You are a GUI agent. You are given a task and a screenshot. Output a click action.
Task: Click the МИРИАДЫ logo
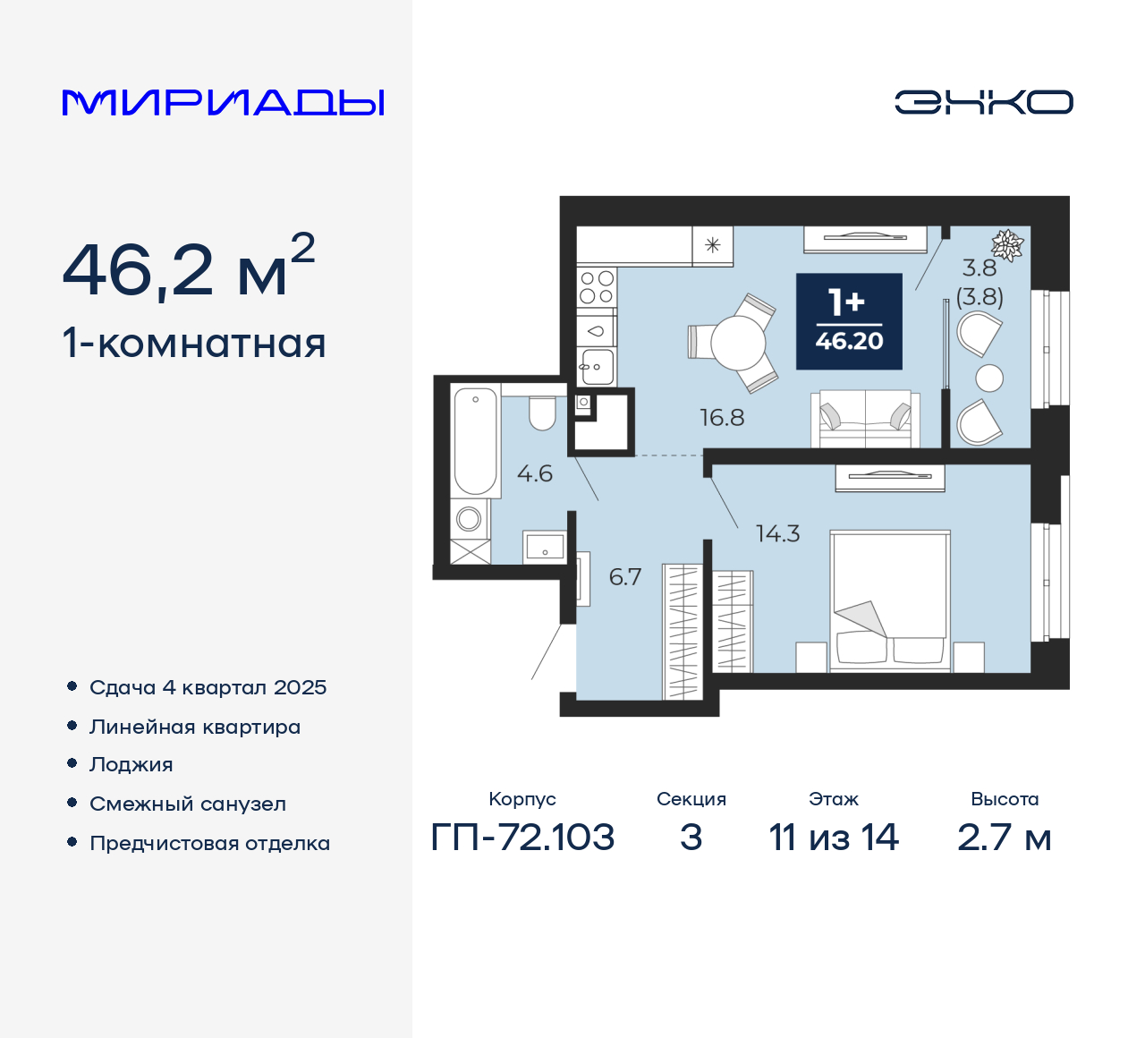pyautogui.click(x=224, y=102)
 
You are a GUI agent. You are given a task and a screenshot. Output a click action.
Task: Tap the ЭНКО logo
pyautogui.click(x=983, y=102)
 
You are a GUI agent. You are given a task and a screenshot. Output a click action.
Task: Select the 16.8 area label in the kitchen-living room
pyautogui.click(x=722, y=417)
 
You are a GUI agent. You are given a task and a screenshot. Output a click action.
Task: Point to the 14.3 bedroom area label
pyautogui.click(x=777, y=534)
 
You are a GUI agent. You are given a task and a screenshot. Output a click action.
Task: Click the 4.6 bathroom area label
pyautogui.click(x=535, y=473)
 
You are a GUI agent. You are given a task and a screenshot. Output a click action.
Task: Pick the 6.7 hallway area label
pyautogui.click(x=625, y=577)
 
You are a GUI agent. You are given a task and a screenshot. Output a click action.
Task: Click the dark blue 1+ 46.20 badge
pyautogui.click(x=849, y=321)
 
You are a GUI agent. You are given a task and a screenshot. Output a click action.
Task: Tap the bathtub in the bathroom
pyautogui.click(x=475, y=439)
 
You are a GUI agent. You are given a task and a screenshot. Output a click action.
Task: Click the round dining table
pyautogui.click(x=739, y=343)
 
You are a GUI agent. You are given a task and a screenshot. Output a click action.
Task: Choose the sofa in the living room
pyautogui.click(x=865, y=419)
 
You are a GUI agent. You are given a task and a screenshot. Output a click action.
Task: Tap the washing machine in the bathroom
pyautogui.click(x=469, y=518)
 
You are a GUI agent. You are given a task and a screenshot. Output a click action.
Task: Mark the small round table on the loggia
pyautogui.click(x=989, y=378)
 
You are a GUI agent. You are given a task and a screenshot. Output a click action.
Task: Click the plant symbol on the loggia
pyautogui.click(x=1008, y=244)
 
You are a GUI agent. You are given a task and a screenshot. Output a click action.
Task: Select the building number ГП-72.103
pyautogui.click(x=522, y=838)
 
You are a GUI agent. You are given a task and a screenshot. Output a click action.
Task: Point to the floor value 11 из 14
pyautogui.click(x=834, y=838)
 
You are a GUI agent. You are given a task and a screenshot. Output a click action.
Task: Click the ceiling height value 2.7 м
pyautogui.click(x=1004, y=838)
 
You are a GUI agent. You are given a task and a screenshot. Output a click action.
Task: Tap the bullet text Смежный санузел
pyautogui.click(x=188, y=804)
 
